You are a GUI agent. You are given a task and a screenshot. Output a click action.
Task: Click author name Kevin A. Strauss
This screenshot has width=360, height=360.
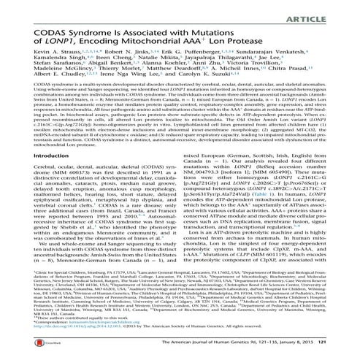click(x=36, y=56)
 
